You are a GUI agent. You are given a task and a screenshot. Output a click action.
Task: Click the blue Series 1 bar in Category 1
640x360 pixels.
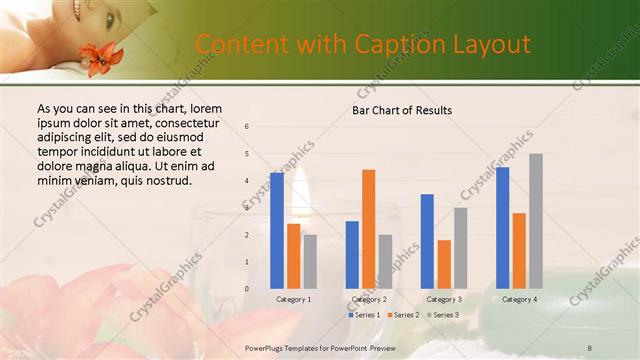pos(277,231)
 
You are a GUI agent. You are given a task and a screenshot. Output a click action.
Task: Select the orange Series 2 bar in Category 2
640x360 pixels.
pos(368,229)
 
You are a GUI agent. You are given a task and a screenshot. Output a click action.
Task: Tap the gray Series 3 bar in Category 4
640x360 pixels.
pos(535,221)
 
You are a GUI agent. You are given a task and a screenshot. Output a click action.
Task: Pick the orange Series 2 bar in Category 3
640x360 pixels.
pos(444,264)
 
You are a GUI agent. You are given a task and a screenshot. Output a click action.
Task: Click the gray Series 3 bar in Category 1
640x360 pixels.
pos(310,262)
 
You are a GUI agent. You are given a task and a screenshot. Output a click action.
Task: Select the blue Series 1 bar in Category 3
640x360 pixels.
pos(427,241)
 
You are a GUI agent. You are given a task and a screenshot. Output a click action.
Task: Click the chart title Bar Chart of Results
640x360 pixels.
pos(401,110)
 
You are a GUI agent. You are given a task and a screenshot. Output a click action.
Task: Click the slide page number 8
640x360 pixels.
pos(589,346)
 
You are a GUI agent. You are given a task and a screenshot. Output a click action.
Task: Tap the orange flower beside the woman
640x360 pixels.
pos(101,55)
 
